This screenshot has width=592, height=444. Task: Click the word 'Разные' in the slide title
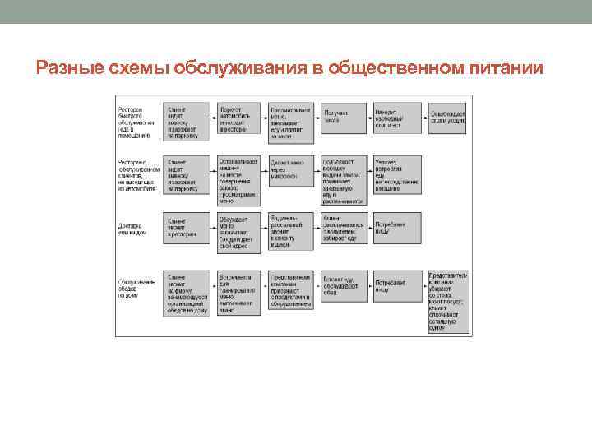[x=70, y=68]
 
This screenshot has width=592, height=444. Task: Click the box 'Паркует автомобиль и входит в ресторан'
[x=239, y=120]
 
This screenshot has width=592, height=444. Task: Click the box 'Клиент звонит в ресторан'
[x=187, y=227]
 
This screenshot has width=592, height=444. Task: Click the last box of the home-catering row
[x=448, y=301]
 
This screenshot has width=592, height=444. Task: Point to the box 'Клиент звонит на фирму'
[x=187, y=292]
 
